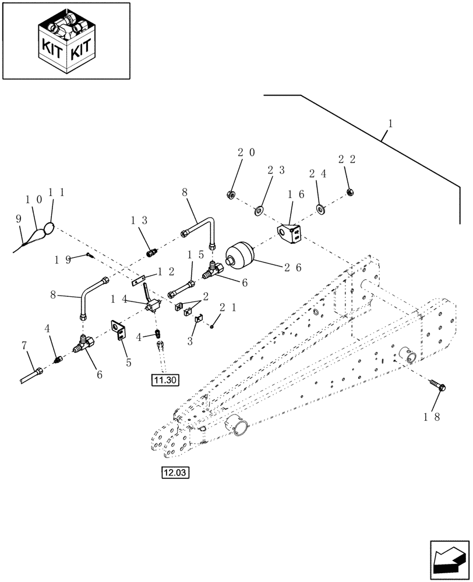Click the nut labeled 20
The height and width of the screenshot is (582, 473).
click(x=231, y=194)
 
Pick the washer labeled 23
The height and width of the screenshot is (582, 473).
click(x=259, y=209)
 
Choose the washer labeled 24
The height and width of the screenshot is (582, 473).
click(x=320, y=209)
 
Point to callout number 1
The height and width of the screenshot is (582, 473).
click(x=390, y=124)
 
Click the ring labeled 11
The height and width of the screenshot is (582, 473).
click(x=51, y=228)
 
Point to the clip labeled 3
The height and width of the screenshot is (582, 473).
click(x=197, y=319)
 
